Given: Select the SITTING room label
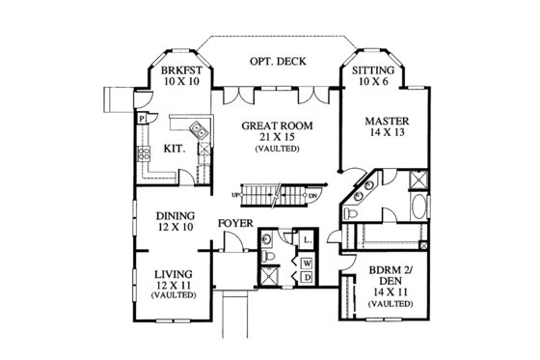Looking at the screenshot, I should [371, 71].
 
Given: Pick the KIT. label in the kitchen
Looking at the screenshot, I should [174, 150].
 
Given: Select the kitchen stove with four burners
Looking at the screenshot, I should [147, 152].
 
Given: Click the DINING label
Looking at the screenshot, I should [175, 215].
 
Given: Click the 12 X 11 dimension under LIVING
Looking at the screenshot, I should [175, 285].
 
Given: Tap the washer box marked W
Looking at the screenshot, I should [307, 262].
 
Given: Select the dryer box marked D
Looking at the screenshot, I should [307, 277].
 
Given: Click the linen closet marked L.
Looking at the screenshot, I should [306, 238].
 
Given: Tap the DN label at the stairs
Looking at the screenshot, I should [312, 195].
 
